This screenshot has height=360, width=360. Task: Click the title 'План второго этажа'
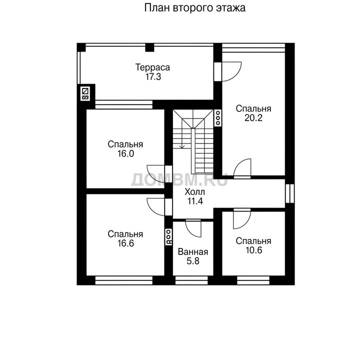coord(194,8)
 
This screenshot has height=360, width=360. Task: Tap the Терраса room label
coord(152,67)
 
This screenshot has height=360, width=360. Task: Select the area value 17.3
coord(153,76)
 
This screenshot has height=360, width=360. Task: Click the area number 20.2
coord(253,118)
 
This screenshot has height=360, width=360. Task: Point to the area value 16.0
coord(126,153)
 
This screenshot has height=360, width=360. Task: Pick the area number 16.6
coord(126,243)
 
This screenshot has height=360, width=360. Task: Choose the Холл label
coord(194,191)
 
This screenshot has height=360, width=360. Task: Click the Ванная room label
coord(193,252)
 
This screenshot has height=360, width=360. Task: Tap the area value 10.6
coord(253,250)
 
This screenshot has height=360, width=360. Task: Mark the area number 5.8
coord(193,261)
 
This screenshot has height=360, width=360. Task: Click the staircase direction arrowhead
coord(182,146)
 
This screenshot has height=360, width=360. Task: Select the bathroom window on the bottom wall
coord(191,280)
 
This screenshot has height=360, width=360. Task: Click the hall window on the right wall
coord(289,193)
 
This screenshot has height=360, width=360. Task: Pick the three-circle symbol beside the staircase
coord(218,118)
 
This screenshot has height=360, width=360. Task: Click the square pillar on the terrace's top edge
coord(149,47)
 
